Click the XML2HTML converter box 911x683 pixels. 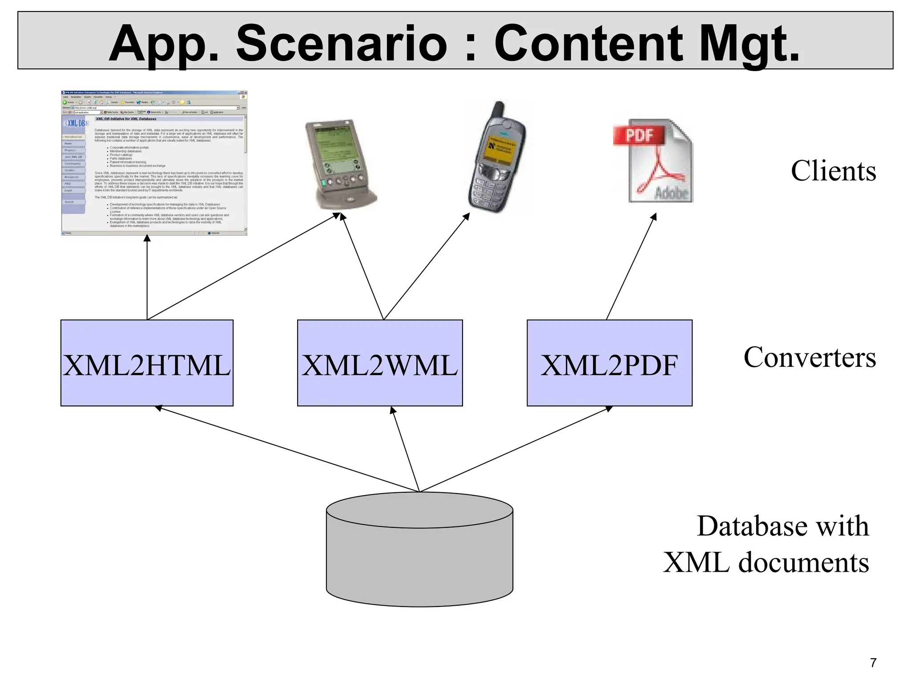(x=147, y=363)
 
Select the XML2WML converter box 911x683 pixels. (x=380, y=363)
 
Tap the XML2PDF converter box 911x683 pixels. (x=609, y=363)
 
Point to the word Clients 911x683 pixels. (x=833, y=171)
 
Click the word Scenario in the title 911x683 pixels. (x=341, y=43)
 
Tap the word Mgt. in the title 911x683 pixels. (x=749, y=43)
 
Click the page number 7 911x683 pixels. (x=873, y=663)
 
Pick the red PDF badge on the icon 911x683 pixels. (x=639, y=135)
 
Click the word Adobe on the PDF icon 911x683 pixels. (x=672, y=193)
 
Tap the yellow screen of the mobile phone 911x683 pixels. (x=501, y=149)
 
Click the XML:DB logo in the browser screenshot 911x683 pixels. (x=76, y=123)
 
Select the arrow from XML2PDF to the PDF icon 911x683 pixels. (x=631, y=267)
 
